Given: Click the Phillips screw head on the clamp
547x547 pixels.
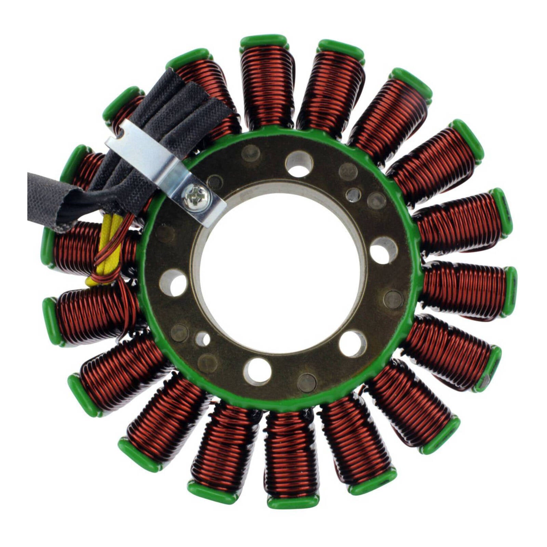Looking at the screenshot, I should [x=194, y=197].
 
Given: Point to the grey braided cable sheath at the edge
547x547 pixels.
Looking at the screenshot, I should [x=48, y=198].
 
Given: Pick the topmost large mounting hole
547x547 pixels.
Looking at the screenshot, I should [x=299, y=164].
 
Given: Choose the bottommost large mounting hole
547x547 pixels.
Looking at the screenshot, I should [x=257, y=370].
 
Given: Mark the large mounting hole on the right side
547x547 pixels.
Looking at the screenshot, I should [x=384, y=250].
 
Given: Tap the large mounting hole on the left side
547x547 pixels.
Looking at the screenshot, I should [x=173, y=282].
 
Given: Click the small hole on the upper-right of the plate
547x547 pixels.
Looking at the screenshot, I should [x=353, y=195].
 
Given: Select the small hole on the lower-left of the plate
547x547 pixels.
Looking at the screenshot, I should [x=202, y=339].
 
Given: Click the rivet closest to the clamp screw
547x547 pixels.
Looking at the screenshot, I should [x=215, y=182].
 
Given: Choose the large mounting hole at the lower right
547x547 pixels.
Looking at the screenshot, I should [x=352, y=343].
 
